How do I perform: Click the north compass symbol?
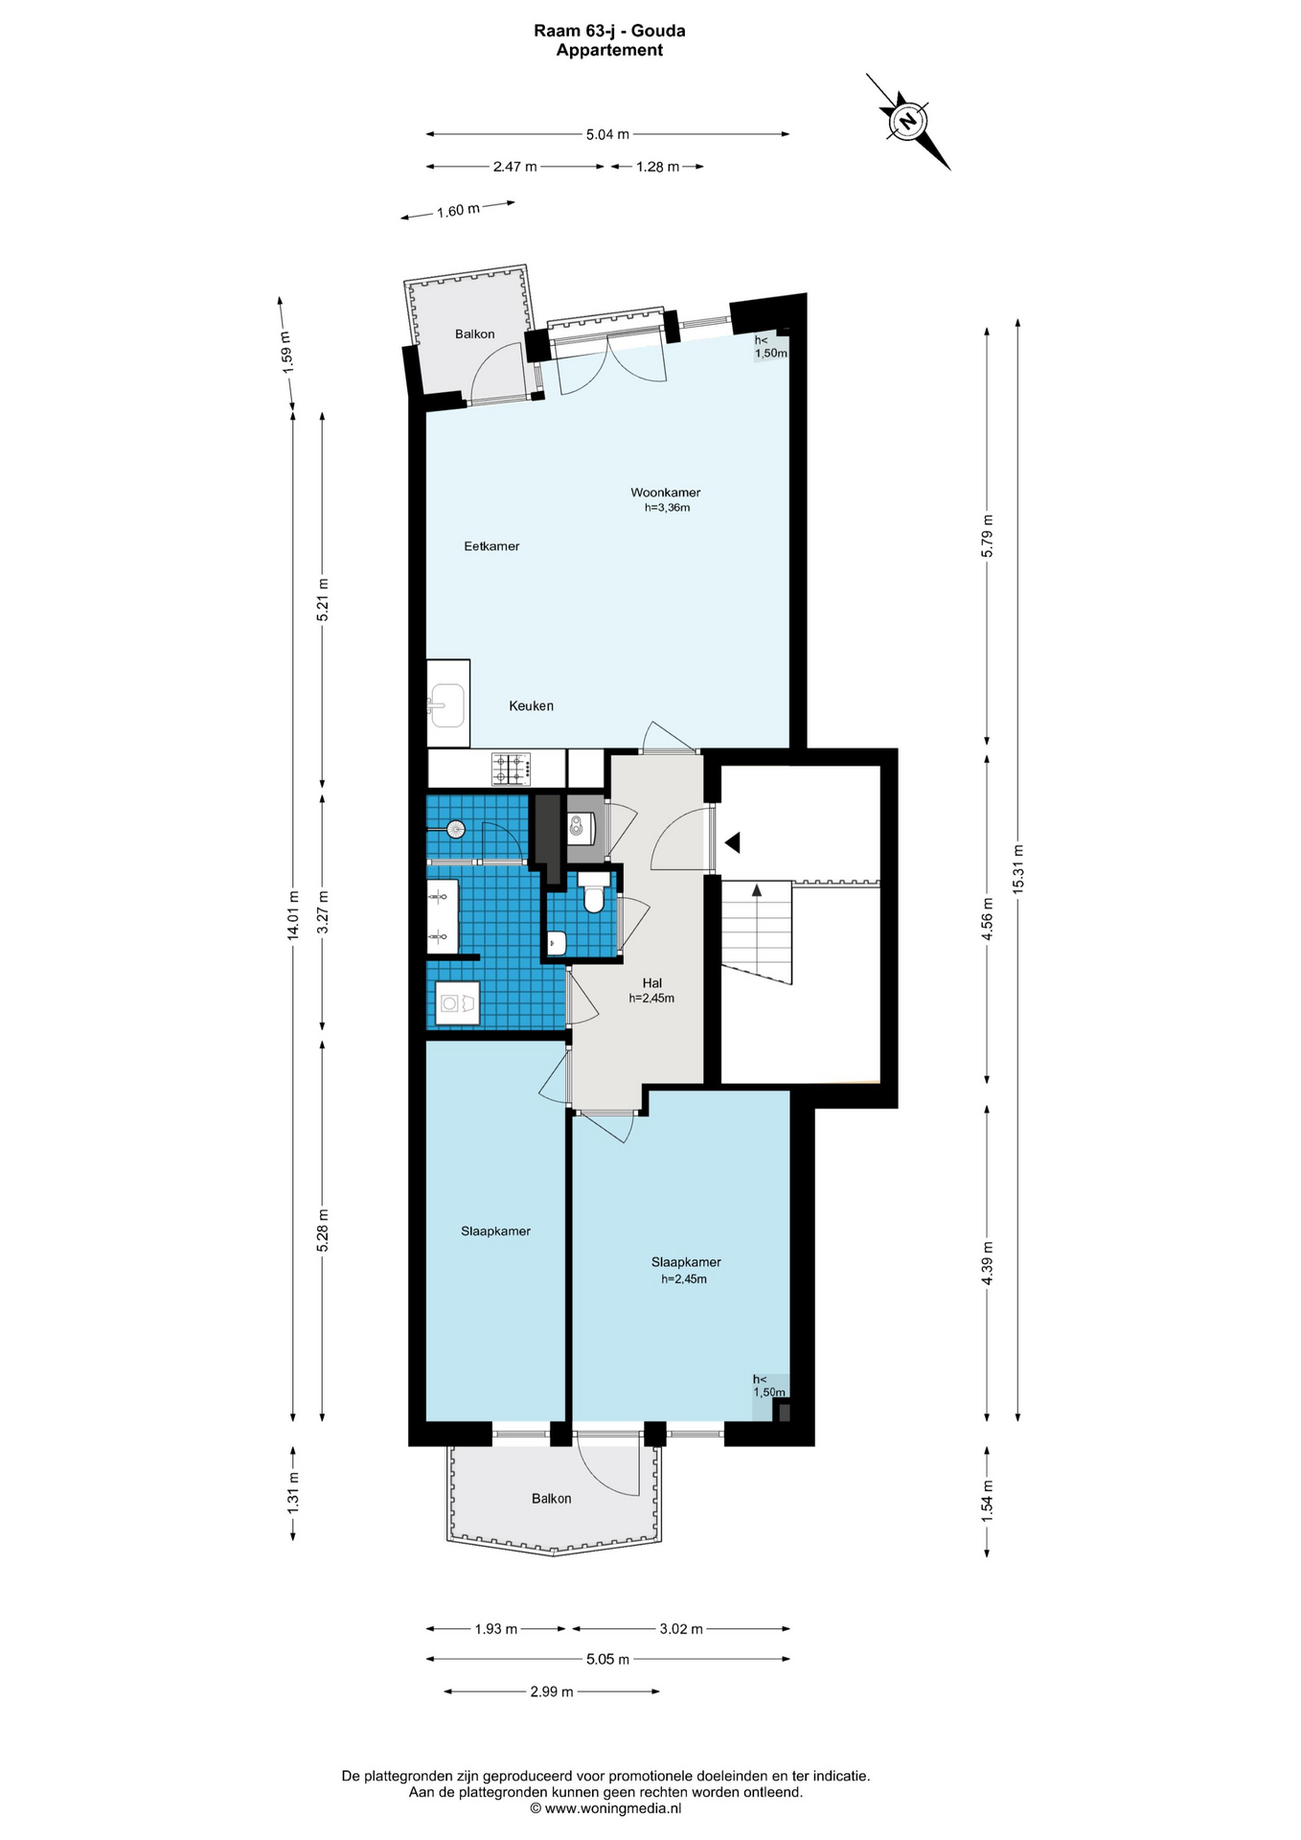pyautogui.click(x=906, y=122)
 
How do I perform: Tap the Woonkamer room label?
pyautogui.click(x=666, y=493)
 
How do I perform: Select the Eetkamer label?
pyautogui.click(x=491, y=546)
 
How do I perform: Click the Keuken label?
pyautogui.click(x=531, y=705)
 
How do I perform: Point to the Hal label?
pyautogui.click(x=652, y=982)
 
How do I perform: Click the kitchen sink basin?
pyautogui.click(x=447, y=705)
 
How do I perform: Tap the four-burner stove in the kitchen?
pyautogui.click(x=512, y=767)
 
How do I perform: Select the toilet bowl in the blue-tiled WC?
pyautogui.click(x=593, y=896)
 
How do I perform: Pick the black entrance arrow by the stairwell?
pyautogui.click(x=733, y=843)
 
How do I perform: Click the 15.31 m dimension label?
pyautogui.click(x=1017, y=869)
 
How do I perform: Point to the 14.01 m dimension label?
pyautogui.click(x=293, y=915)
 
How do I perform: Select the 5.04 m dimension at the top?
pyautogui.click(x=607, y=134)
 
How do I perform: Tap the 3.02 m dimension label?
pyautogui.click(x=681, y=1628)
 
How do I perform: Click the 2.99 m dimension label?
pyautogui.click(x=552, y=1691)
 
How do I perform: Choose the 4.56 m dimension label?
pyautogui.click(x=988, y=917)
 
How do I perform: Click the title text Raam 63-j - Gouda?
pyautogui.click(x=609, y=31)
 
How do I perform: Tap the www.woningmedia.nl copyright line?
pyautogui.click(x=606, y=1808)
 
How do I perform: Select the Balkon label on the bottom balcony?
pyautogui.click(x=551, y=1498)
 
